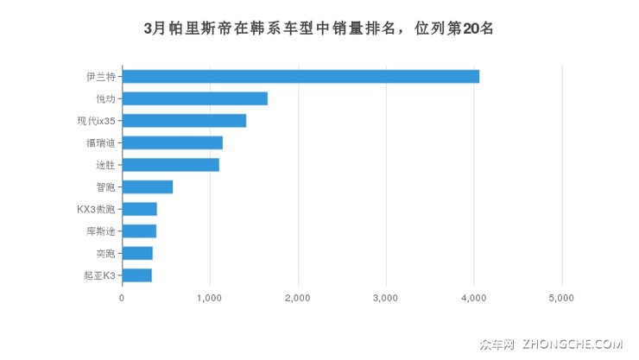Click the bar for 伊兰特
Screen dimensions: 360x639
[x=301, y=76]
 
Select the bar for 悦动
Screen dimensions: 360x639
[x=194, y=98]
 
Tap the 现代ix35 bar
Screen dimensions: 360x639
[x=184, y=121]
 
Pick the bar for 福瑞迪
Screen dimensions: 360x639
[x=172, y=142]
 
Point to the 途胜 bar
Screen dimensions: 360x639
[x=170, y=165]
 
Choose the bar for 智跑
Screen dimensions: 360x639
[x=147, y=186]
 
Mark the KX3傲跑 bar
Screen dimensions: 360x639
[x=139, y=209]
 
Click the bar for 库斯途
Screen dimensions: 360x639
[x=139, y=231]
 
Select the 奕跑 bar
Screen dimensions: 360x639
[x=137, y=253]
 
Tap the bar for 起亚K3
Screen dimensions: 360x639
[x=136, y=275]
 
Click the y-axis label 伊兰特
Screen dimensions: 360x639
[x=100, y=76]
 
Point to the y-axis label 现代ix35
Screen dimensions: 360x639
[x=95, y=121]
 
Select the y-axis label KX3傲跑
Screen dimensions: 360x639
[x=95, y=209]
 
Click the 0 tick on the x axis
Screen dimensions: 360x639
[x=122, y=298]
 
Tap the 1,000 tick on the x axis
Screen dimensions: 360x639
[x=210, y=298]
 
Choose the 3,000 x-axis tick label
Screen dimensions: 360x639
[x=386, y=298]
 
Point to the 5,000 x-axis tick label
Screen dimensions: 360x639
[x=561, y=298]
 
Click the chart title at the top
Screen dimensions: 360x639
[x=319, y=28]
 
